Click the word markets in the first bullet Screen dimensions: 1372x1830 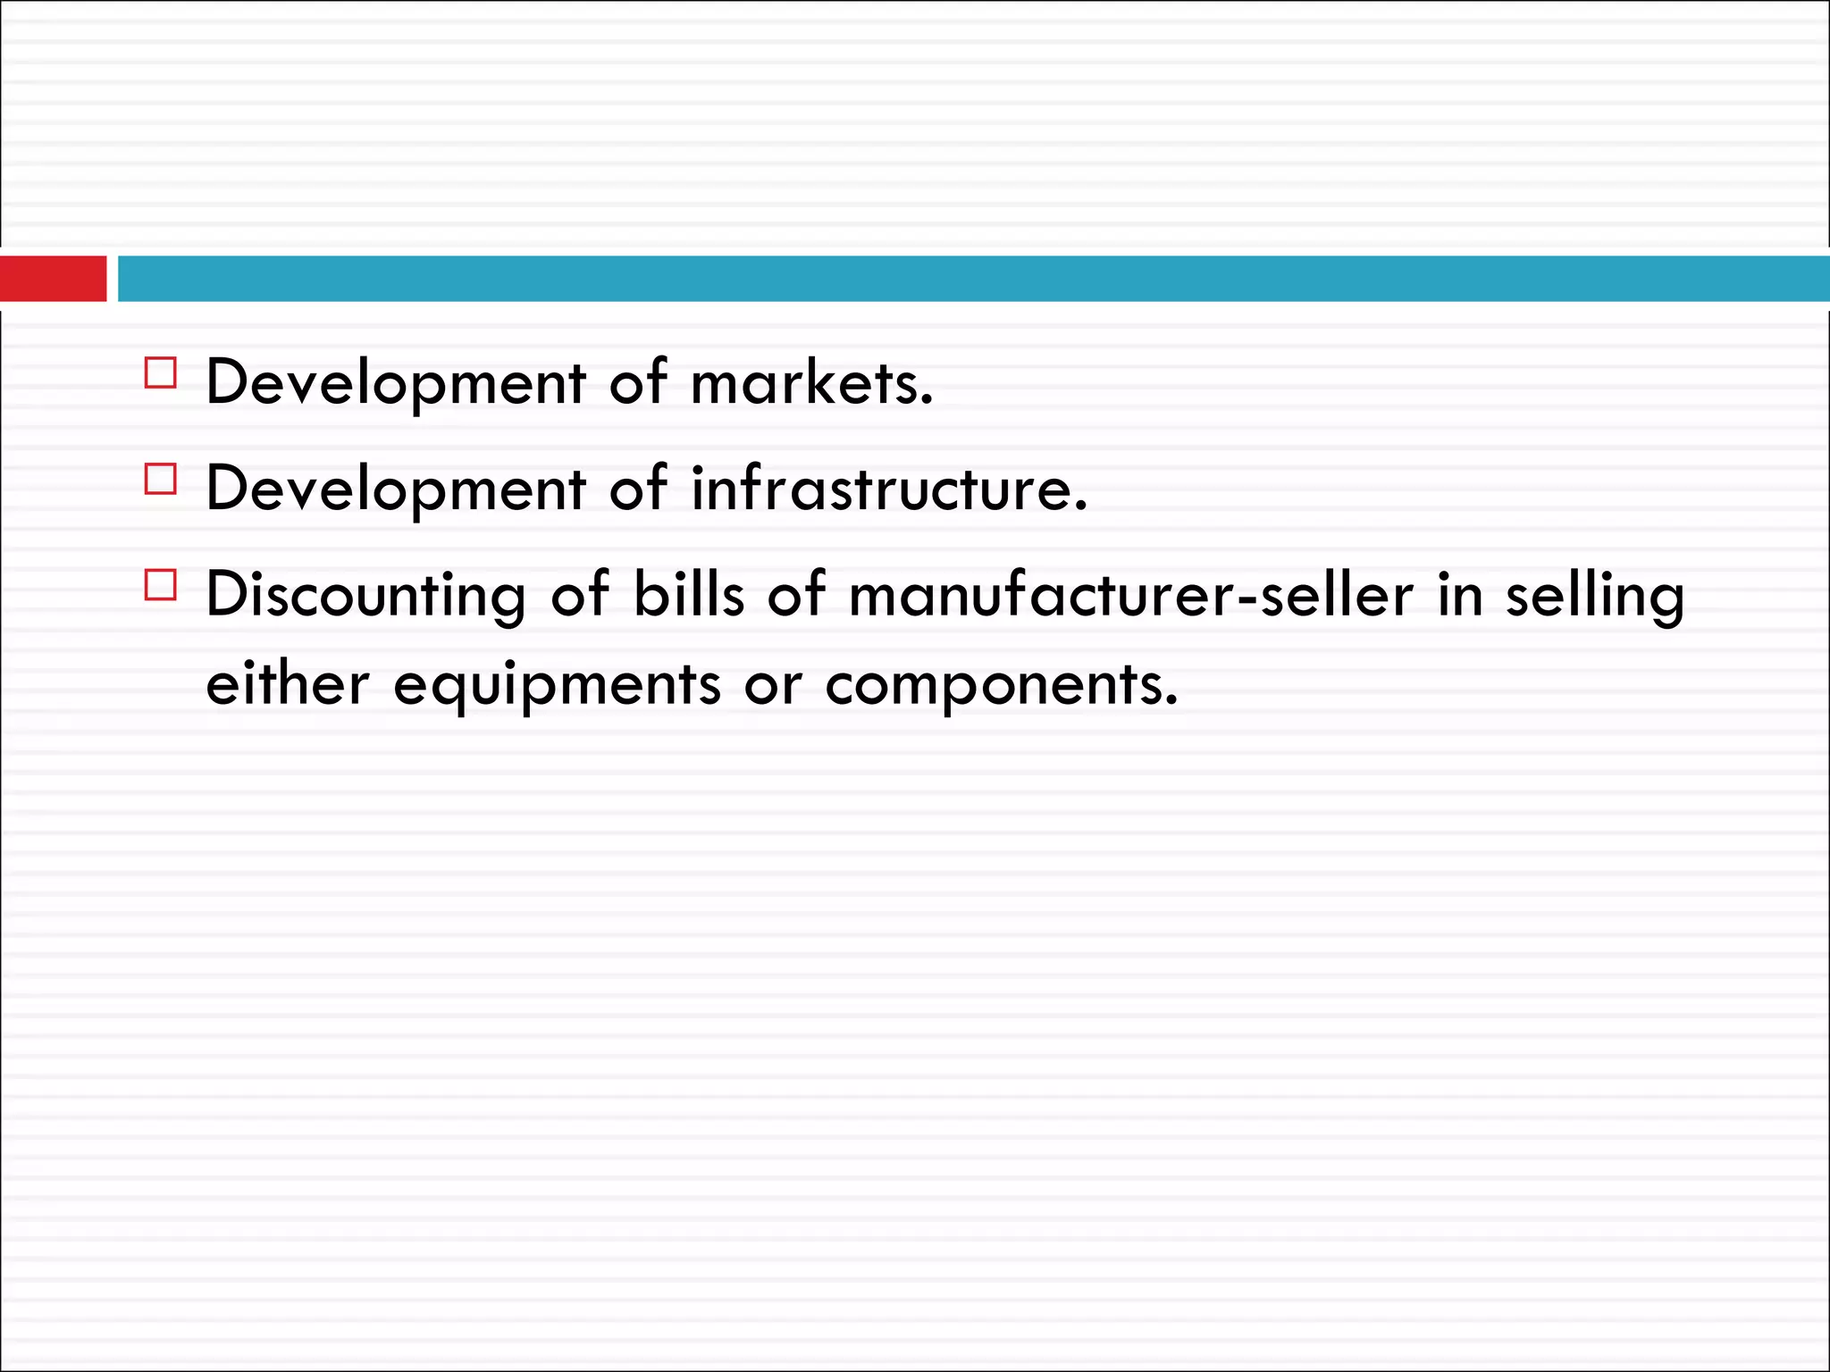(x=811, y=383)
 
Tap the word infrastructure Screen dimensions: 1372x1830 (x=889, y=489)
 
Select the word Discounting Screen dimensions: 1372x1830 (x=365, y=595)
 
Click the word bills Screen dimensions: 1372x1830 (x=688, y=594)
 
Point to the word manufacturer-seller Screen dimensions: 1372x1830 (x=1130, y=595)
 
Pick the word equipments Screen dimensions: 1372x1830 (x=557, y=687)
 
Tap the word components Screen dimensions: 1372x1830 (x=1001, y=687)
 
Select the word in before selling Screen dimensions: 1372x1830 (x=1460, y=595)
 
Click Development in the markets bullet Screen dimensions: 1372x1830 (x=396, y=383)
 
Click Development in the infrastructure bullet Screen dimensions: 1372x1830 (x=396, y=489)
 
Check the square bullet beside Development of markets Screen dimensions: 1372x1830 (x=161, y=372)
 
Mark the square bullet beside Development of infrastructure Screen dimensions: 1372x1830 (x=161, y=479)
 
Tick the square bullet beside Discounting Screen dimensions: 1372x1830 (x=161, y=585)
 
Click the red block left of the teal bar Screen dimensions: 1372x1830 (x=53, y=278)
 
